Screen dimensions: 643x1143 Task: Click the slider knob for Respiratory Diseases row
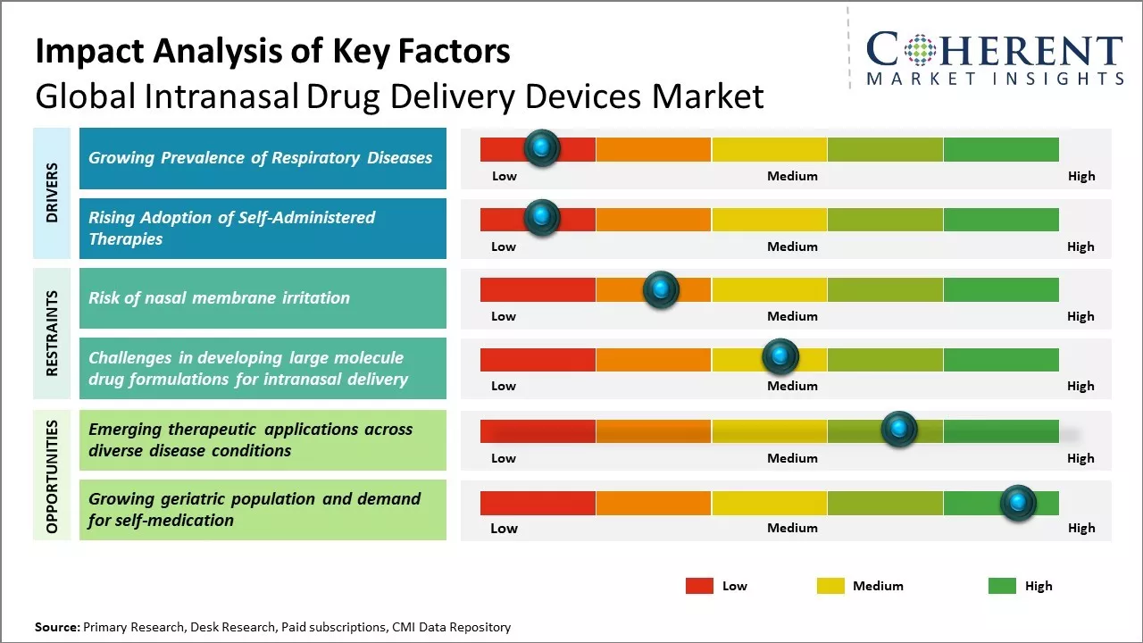click(541, 148)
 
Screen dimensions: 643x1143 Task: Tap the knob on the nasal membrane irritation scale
click(661, 289)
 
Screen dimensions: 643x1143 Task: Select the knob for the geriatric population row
click(1018, 503)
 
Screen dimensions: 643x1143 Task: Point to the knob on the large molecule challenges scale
click(780, 357)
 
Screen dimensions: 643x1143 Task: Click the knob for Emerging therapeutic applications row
click(899, 430)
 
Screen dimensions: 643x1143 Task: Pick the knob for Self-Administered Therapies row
click(541, 218)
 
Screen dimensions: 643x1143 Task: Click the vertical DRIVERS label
click(52, 193)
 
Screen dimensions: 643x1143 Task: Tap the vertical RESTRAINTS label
click(52, 333)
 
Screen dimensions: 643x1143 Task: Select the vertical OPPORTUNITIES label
click(52, 476)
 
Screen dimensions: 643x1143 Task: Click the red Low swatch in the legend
click(699, 586)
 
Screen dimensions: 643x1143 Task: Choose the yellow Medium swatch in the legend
click(830, 586)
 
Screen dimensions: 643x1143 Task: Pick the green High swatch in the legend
click(1002, 586)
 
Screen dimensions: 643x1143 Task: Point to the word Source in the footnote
click(56, 627)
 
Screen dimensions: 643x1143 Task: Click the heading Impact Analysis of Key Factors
click(272, 51)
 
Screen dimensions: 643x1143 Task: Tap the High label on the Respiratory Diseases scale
click(1081, 176)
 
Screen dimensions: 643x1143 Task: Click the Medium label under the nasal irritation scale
click(792, 316)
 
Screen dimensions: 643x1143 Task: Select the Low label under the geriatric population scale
click(504, 528)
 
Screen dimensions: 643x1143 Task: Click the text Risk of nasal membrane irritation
click(219, 298)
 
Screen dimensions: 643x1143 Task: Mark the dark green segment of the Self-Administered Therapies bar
click(1000, 220)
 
